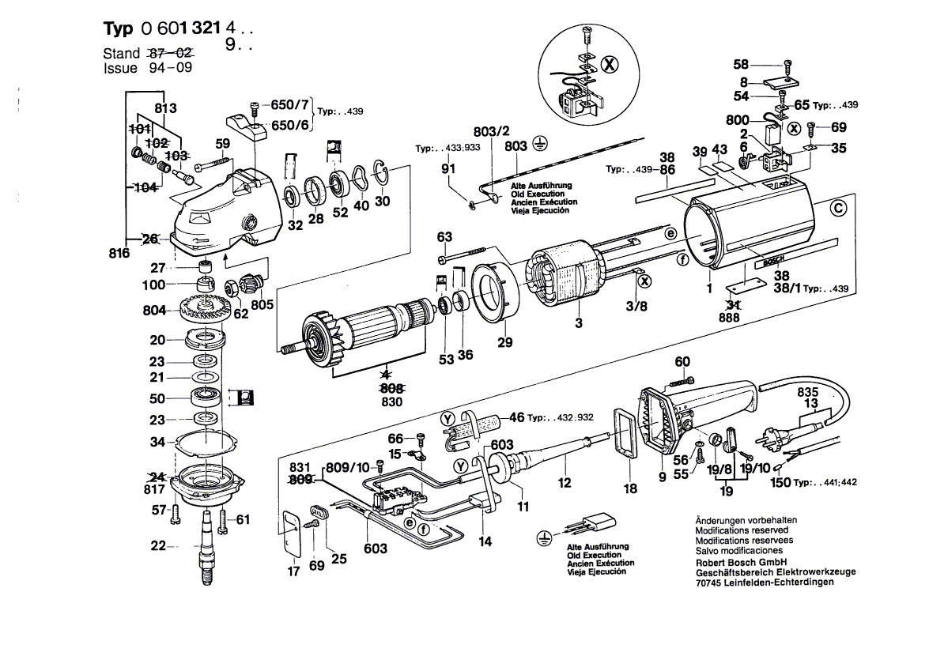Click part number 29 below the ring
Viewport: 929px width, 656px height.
[504, 342]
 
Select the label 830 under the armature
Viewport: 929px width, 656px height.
[392, 402]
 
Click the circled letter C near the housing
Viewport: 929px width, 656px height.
[840, 209]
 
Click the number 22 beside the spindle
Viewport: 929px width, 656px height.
[159, 545]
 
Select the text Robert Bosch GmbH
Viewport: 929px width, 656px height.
[739, 561]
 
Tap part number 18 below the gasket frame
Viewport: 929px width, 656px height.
[630, 489]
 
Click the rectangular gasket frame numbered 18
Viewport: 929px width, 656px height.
[624, 433]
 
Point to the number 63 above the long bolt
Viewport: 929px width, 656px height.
[444, 236]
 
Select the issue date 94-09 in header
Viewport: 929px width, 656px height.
[171, 68]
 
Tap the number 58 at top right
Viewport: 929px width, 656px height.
[740, 64]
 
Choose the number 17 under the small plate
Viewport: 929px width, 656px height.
[293, 571]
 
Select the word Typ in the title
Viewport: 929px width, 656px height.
[119, 28]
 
